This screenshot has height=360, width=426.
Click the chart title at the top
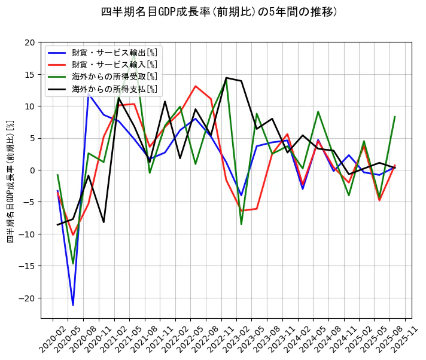tap(219, 12)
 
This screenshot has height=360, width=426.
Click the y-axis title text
tap(10, 180)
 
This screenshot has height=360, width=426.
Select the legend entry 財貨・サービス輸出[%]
tap(114, 52)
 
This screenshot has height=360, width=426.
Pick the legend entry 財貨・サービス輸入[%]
tap(114, 64)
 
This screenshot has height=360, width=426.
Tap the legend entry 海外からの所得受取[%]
tap(114, 77)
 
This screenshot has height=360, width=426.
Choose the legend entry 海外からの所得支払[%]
tap(114, 89)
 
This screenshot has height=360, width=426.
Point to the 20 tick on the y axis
tap(30, 42)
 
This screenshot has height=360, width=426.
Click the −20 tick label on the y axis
tap(28, 298)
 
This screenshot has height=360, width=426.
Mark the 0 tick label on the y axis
tap(33, 170)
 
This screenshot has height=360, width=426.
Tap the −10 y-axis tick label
tap(28, 234)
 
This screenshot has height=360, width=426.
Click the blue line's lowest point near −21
tap(73, 305)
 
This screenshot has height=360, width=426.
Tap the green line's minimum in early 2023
tap(242, 224)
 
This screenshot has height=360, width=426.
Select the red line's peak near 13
tap(196, 86)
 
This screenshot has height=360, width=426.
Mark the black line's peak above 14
tap(226, 78)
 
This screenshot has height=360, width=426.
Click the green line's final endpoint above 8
tap(395, 117)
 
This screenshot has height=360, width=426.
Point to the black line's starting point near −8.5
tap(57, 225)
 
